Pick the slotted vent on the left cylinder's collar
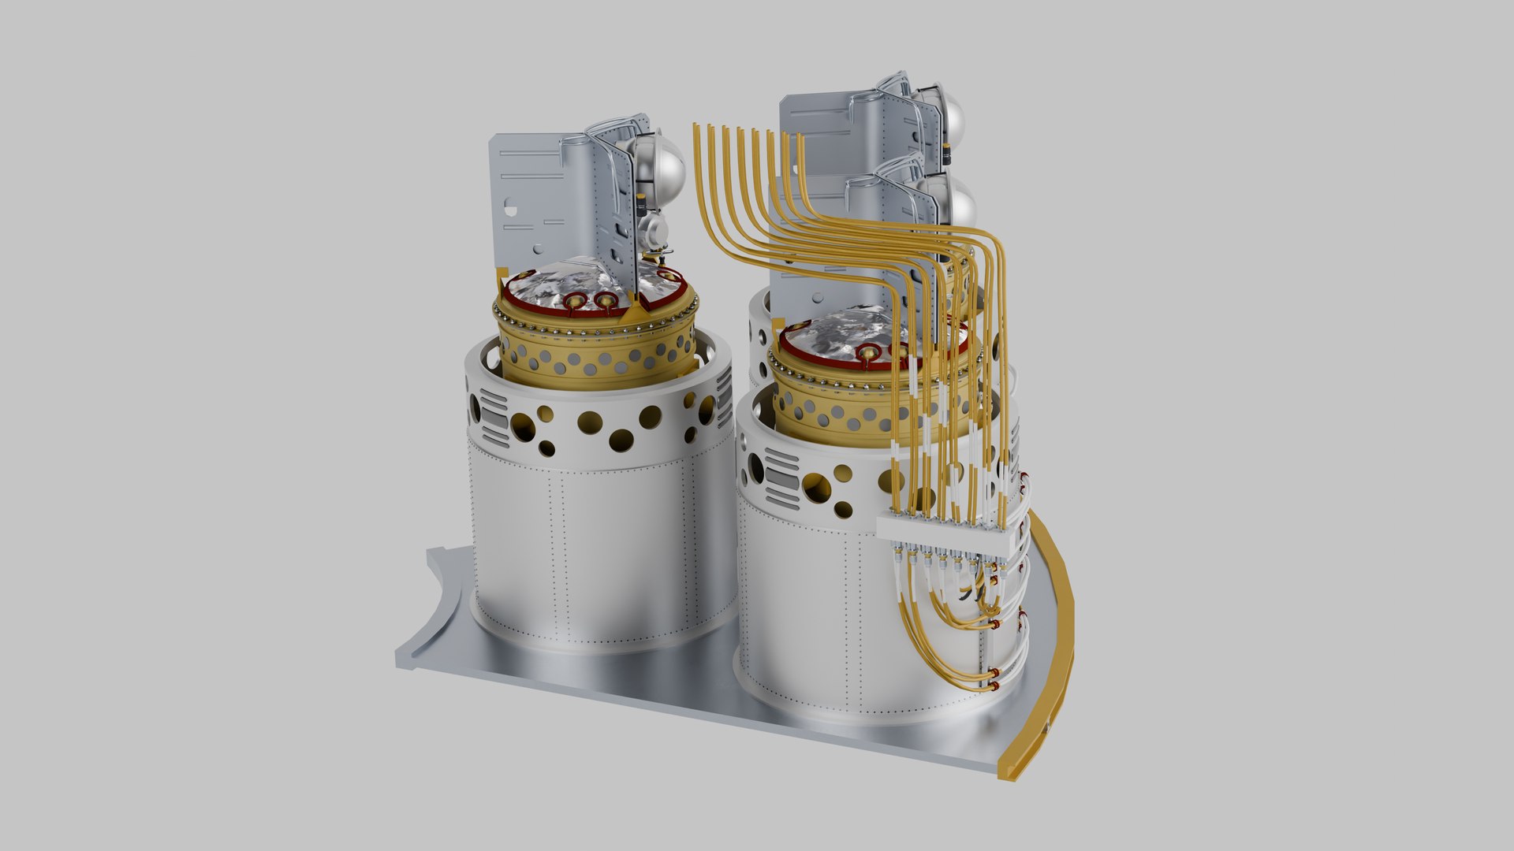(494, 418)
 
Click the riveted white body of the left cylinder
(599, 552)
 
